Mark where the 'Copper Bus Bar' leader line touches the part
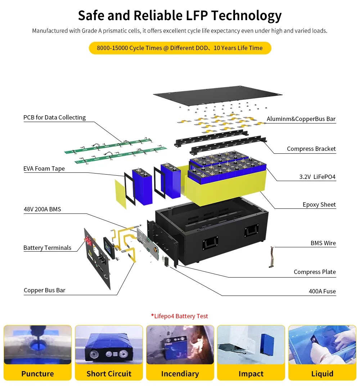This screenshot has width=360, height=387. pos(135,263)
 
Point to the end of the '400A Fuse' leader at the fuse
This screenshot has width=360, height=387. pos(170,267)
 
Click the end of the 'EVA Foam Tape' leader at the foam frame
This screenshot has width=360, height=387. pos(124,176)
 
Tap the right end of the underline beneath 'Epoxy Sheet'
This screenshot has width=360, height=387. pos(336,209)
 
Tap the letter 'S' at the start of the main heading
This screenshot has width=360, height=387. pos(82,15)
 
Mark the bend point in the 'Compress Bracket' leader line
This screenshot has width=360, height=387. pos(274,153)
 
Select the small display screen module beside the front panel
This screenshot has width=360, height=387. pos(109,248)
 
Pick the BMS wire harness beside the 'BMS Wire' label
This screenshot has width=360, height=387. pos(272,257)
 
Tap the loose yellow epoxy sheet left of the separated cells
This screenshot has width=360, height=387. pos(121,194)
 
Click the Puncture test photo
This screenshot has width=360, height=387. pos(37,345)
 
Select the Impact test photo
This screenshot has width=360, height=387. pos(251,345)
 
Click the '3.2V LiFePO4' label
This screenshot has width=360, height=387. pos(317,177)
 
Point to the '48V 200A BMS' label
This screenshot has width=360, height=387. pos(42,209)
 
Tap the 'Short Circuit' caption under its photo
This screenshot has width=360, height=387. pos(109,374)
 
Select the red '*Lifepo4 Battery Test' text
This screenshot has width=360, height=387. pos(180,316)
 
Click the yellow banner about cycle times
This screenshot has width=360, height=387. pos(180,48)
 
